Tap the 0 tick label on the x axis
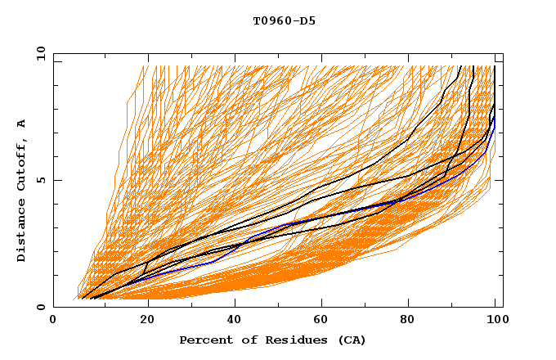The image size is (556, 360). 53,320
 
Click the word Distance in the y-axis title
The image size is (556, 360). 21,232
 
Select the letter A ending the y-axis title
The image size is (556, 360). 21,124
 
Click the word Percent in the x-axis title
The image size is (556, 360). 205,340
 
